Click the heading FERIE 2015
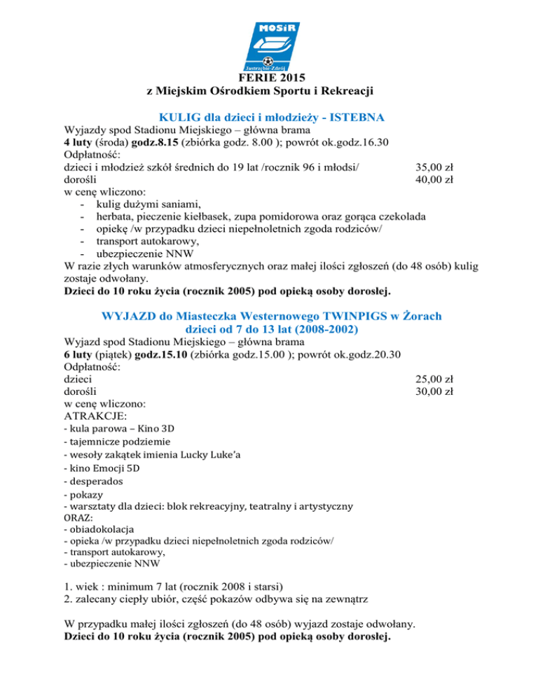click(269, 78)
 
